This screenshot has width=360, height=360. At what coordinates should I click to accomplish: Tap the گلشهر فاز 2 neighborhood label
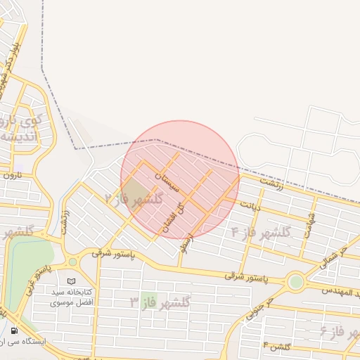(134, 199)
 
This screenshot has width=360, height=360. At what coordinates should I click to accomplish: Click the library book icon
(71, 281)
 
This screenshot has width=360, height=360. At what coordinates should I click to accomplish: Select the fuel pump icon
(14, 330)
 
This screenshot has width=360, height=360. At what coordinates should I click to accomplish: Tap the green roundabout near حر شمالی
(295, 283)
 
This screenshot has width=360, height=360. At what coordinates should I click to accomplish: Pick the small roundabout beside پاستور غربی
(72, 262)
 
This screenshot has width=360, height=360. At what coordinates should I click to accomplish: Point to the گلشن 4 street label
(277, 346)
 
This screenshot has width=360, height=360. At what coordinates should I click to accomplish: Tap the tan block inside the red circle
(136, 191)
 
